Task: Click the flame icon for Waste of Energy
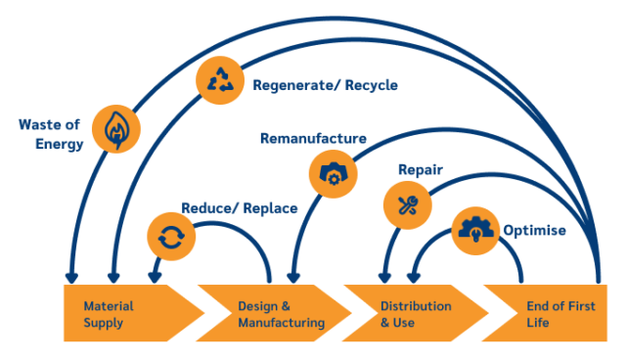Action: (116, 128)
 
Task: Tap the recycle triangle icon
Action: (220, 79)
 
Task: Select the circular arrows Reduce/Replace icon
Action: (170, 235)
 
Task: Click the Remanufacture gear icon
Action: (333, 172)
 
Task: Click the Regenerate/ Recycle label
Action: (326, 85)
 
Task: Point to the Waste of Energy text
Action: (50, 134)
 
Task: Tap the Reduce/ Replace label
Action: (240, 208)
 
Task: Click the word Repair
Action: (421, 169)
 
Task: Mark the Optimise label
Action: (533, 231)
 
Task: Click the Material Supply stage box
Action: (122, 314)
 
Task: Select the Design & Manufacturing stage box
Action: (274, 314)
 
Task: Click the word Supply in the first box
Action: (104, 323)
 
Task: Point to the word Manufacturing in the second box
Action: (281, 323)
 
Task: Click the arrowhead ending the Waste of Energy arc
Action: (70, 277)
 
